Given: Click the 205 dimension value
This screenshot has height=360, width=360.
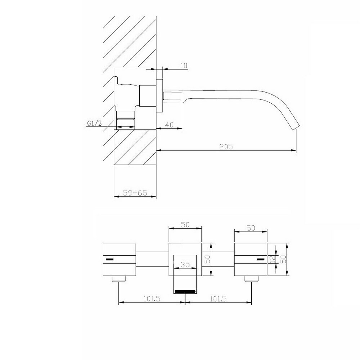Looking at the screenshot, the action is [x=226, y=147].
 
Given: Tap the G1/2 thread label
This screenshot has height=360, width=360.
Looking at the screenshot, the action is [x=94, y=123].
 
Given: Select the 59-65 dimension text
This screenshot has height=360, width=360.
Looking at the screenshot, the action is [x=135, y=193].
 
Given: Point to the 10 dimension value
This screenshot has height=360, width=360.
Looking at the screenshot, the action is [x=184, y=66].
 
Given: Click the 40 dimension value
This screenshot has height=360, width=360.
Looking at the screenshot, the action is [x=169, y=125].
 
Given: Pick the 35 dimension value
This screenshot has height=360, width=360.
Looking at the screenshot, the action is [x=185, y=265].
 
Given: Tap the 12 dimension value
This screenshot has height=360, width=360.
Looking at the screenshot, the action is [x=272, y=259].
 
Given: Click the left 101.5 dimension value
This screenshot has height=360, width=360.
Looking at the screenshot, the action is [x=152, y=299].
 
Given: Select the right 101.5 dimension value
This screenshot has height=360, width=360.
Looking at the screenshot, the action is [x=218, y=299].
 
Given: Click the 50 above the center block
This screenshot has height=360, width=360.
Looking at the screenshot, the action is [x=185, y=225].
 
